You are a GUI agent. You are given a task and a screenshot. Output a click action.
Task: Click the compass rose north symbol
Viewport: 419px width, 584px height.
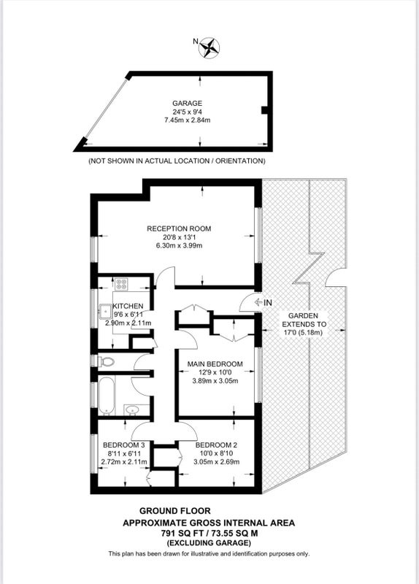click(x=209, y=47)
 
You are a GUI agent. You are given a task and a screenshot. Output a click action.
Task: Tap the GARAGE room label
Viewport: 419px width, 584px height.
click(x=187, y=103)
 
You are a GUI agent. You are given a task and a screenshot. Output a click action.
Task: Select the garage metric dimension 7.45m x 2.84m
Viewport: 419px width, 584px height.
click(x=188, y=120)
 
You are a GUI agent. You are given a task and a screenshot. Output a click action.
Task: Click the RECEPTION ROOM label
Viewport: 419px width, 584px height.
click(x=179, y=228)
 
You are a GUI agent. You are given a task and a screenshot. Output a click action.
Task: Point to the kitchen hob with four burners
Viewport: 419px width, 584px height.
click(x=121, y=284)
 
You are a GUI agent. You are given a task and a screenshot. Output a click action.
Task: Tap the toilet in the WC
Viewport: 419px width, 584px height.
click(x=106, y=361)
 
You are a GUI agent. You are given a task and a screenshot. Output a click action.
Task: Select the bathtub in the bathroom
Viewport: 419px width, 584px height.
click(x=106, y=396)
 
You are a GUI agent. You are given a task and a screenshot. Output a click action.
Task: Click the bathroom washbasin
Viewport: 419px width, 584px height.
click(x=131, y=410)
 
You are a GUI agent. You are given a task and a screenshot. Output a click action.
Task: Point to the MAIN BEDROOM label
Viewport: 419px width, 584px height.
click(x=215, y=364)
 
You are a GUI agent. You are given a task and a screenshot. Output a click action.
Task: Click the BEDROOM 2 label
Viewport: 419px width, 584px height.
click(x=216, y=445)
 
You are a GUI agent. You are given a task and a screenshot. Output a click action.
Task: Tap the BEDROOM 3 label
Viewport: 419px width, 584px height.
click(x=123, y=445)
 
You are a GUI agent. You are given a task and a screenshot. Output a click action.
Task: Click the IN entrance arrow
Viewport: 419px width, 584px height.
click(x=258, y=302)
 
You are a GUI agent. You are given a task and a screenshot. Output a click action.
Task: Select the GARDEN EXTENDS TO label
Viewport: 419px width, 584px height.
click(x=304, y=320)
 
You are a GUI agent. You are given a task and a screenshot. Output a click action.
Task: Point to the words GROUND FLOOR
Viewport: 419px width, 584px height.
click(x=174, y=511)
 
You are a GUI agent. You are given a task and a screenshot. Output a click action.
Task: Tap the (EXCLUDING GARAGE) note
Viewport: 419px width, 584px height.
click(x=209, y=542)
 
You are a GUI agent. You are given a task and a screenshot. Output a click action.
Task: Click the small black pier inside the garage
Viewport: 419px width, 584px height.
click(x=264, y=110)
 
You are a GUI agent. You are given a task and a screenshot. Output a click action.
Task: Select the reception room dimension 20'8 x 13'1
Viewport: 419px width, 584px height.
click(x=179, y=237)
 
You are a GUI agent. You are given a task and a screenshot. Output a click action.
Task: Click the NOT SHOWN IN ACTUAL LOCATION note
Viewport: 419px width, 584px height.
click(x=177, y=161)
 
